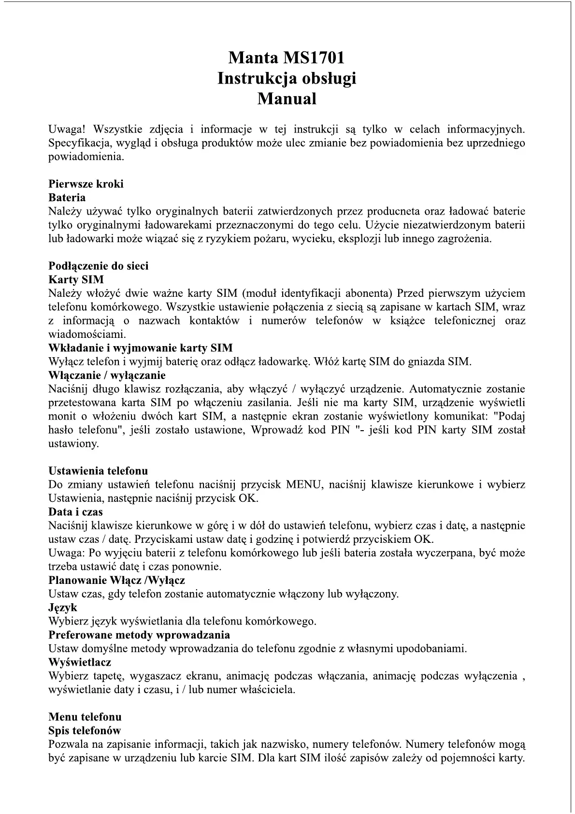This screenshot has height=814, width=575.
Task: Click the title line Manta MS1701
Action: pos(287,58)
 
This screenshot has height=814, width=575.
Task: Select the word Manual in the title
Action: pos(287,99)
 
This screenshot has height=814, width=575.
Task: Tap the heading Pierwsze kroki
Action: pos(86,184)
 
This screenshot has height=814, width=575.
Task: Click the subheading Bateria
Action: pos(67,197)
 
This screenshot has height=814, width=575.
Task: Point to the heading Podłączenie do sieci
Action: pos(99,266)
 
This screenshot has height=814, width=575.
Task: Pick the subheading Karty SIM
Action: pos(76,279)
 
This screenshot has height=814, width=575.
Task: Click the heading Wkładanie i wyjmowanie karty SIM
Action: pos(141,348)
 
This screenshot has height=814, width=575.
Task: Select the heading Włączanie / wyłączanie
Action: pos(107,375)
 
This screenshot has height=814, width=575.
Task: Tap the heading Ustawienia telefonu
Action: pos(98,471)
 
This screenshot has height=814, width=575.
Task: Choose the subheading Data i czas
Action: pos(75,512)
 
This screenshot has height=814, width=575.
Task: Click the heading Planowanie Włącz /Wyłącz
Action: pos(116,580)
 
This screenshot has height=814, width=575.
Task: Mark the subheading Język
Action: pos(63,608)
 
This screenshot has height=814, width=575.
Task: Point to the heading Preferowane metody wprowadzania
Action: pos(139,635)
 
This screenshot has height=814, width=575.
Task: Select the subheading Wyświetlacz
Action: pos(80,662)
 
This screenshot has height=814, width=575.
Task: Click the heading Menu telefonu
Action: pos(85,717)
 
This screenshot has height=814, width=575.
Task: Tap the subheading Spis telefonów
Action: pos(85,730)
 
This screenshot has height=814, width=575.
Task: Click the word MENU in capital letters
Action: pos(303,484)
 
